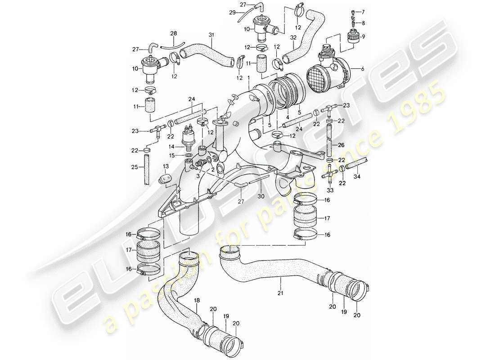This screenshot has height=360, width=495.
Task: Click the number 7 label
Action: pyautogui.click(x=364, y=12)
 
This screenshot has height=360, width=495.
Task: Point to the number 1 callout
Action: pyautogui.click(x=248, y=78)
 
